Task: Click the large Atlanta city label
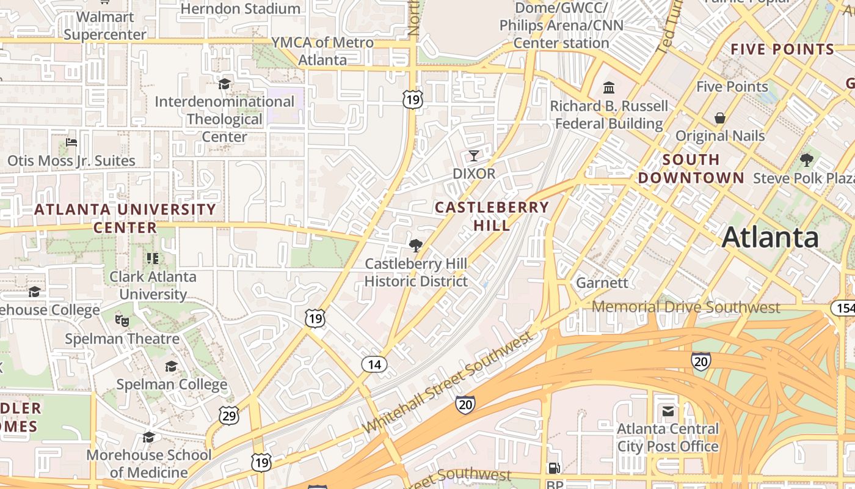[x=770, y=237]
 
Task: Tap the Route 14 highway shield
[x=374, y=365]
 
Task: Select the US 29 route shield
[x=228, y=416]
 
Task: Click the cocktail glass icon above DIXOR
[x=474, y=156]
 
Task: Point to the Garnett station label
[x=602, y=283]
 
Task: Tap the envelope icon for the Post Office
[x=668, y=411]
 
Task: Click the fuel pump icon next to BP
[x=554, y=468]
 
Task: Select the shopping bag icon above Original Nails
[x=720, y=117]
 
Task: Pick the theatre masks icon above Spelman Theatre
[x=122, y=320]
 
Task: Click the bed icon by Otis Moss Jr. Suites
[x=71, y=143]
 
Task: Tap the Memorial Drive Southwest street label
[x=686, y=307]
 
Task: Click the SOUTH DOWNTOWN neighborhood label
[x=691, y=169]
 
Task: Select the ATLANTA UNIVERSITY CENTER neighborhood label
[x=125, y=218]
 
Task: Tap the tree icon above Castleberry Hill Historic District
[x=416, y=246]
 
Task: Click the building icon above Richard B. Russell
[x=609, y=88]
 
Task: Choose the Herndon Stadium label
[x=241, y=9]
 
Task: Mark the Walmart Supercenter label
[x=105, y=26]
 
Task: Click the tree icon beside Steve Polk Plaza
[x=807, y=160]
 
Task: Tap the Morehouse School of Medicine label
[x=149, y=463]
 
